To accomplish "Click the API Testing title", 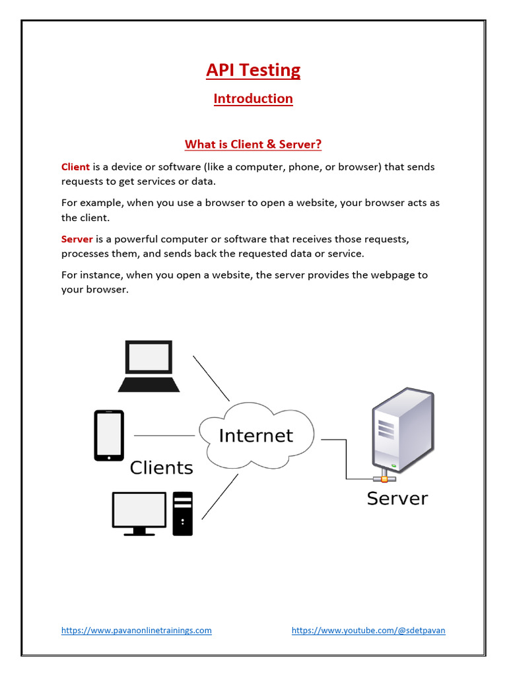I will coord(253,71).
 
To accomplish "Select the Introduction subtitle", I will coord(253,99).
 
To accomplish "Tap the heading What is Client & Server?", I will coord(253,144).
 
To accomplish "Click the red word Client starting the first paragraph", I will coord(75,167).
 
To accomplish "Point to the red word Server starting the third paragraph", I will coord(77,239).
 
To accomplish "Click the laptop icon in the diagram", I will coord(149,366).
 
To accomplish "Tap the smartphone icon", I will coord(109,435).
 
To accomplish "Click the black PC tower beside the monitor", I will coord(183,513).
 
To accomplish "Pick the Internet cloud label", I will coord(255,436).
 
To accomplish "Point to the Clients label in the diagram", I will coord(161,468).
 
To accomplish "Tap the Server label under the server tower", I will coord(397,498).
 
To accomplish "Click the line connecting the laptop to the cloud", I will coord(211,378).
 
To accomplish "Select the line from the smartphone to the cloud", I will coord(164,436).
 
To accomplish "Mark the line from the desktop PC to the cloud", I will coord(219,496).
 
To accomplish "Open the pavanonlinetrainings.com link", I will coord(137,630).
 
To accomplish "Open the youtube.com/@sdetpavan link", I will coord(368,630).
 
